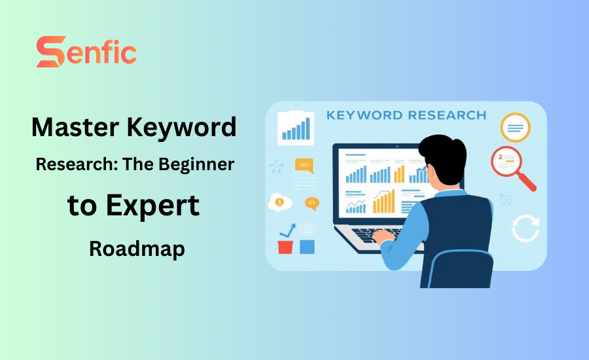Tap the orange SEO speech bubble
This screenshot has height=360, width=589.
(304, 164)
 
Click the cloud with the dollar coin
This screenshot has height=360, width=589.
(279, 202)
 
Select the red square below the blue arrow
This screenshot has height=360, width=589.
(285, 247)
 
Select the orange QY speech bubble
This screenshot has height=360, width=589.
(312, 203)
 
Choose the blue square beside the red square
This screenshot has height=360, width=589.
(306, 247)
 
